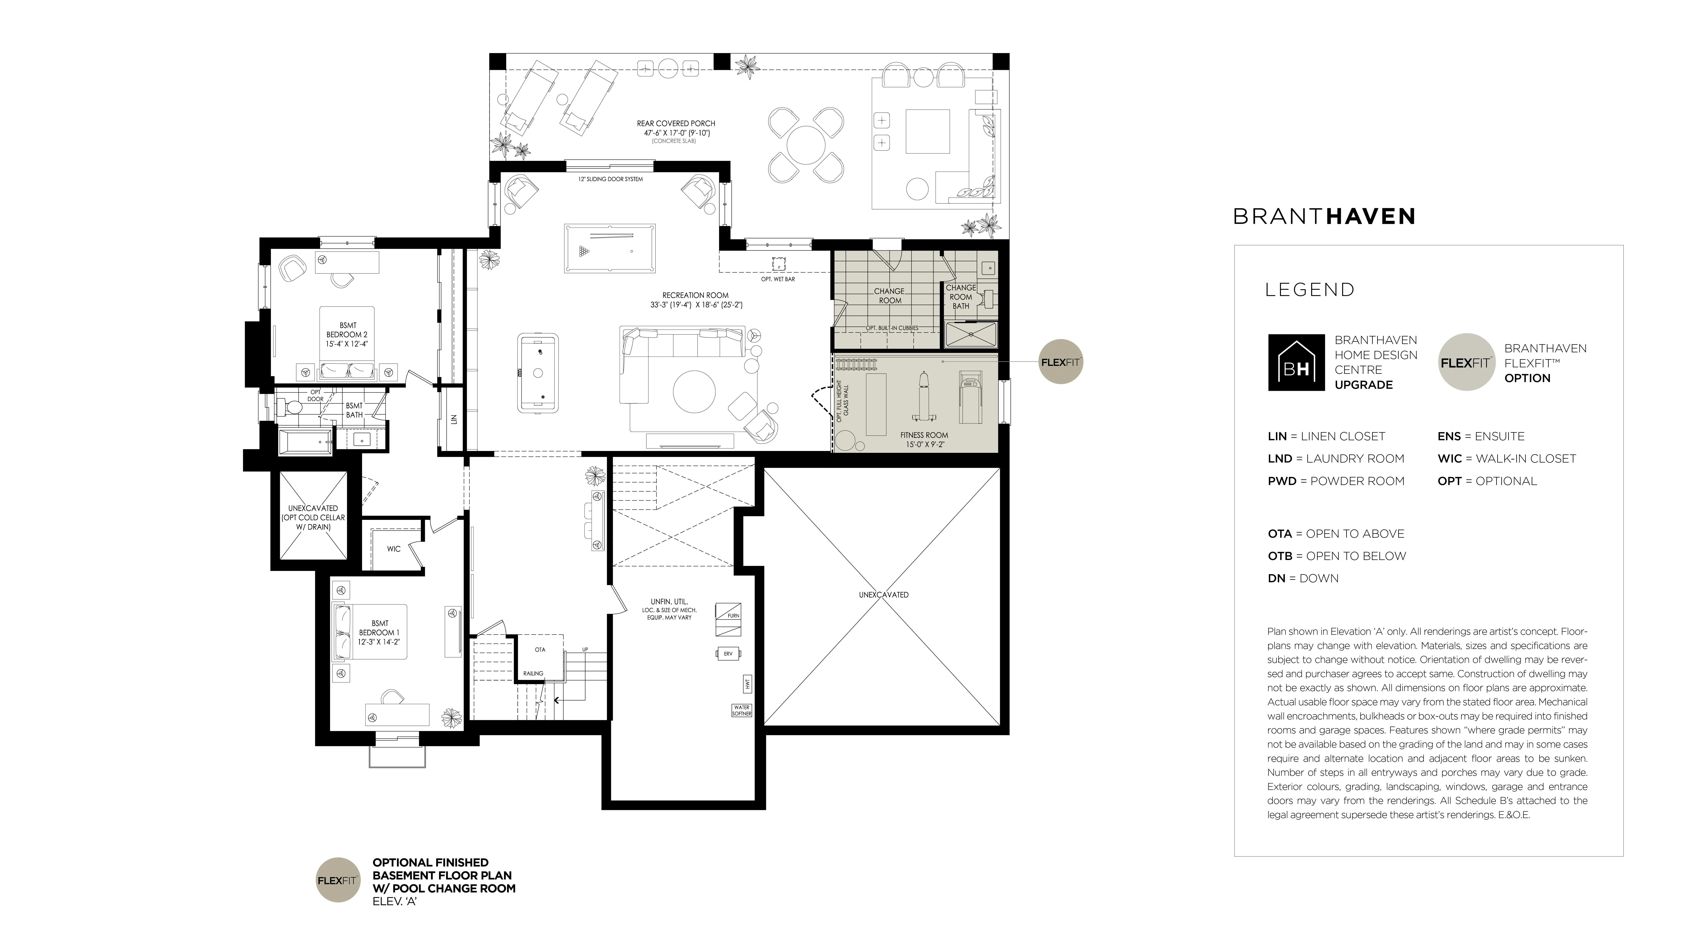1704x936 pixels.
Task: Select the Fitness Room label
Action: (924, 440)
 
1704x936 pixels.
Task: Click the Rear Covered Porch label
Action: (676, 128)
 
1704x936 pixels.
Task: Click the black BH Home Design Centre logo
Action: (1296, 362)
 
